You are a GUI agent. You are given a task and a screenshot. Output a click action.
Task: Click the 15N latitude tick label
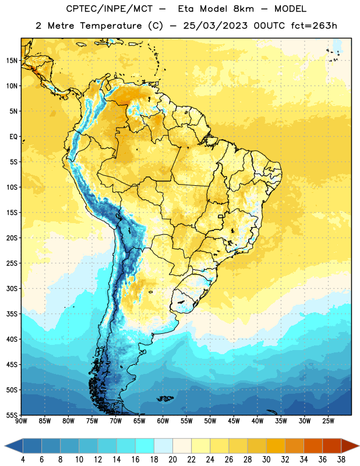point(12,61)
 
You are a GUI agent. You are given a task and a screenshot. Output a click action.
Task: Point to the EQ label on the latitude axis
point(13,137)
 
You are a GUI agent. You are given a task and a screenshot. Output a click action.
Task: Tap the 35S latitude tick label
point(12,314)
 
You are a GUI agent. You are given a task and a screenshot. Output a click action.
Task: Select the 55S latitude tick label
point(12,415)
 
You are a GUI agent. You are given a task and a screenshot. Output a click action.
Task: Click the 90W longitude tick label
point(21,421)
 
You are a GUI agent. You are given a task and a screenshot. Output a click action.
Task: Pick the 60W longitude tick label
point(163,421)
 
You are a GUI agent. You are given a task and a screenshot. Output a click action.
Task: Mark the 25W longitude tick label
point(328,421)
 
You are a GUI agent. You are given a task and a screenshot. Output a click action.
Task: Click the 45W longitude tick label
point(234,421)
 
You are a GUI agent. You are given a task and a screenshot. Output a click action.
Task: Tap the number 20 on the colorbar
point(172,460)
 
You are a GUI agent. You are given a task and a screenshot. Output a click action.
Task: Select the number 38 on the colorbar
point(341,460)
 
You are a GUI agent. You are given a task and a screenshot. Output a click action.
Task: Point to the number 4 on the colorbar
point(23,460)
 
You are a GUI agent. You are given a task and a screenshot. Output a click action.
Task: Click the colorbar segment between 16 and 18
point(145,446)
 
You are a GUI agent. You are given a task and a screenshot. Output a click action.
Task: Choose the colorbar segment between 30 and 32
point(276,446)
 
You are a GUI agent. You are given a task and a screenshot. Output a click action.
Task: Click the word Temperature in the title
point(111,26)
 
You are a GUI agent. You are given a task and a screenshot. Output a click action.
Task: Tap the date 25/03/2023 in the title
point(215,26)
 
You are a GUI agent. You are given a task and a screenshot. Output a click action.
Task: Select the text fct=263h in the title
point(314,26)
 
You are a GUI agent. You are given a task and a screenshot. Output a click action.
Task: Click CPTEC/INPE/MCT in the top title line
point(110,9)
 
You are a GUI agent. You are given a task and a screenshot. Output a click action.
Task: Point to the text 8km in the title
point(243,9)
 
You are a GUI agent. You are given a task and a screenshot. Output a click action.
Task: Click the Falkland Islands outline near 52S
point(165,398)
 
